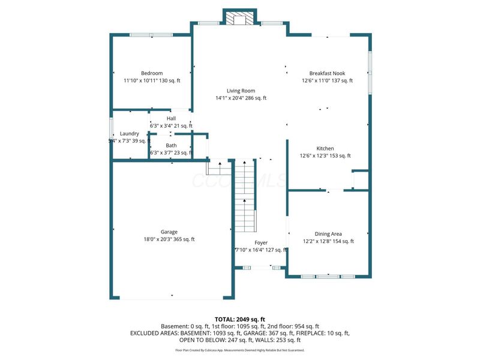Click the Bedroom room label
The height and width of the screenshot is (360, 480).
point(152,73)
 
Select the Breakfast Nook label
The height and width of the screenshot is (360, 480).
point(327,73)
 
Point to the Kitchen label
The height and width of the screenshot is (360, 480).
point(326,148)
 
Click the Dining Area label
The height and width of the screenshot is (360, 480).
point(328,234)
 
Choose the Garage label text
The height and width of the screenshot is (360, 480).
point(169,232)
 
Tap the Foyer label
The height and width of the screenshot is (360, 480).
point(261,242)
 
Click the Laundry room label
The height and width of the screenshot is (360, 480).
point(130,133)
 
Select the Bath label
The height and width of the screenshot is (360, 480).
point(172,145)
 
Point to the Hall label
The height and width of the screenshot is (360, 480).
point(171,118)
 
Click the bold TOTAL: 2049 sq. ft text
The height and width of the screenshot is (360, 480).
point(240,319)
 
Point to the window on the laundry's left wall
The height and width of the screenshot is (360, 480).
point(111,128)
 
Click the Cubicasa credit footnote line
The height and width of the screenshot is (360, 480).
point(240,350)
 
